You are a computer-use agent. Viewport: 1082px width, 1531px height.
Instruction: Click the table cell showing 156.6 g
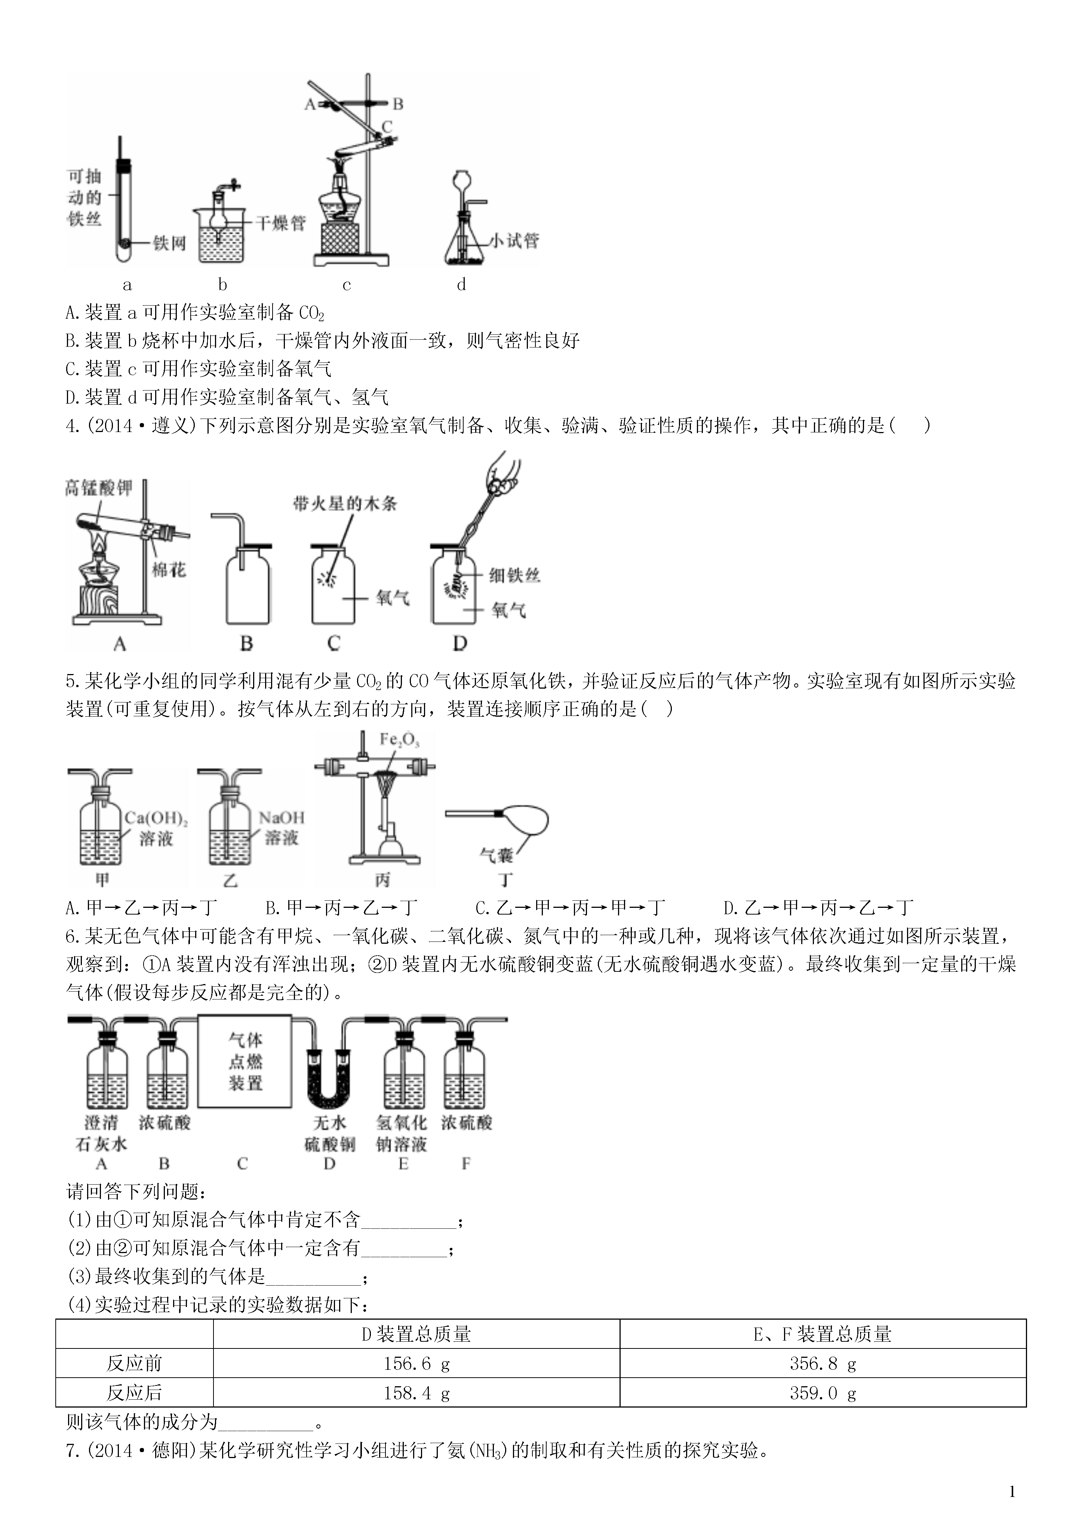(x=416, y=1364)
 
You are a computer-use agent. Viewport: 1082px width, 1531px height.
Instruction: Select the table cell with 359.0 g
(x=822, y=1393)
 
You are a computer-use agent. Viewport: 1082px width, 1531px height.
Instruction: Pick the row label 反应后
(x=134, y=1393)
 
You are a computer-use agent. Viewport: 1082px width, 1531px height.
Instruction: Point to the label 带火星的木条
(x=345, y=503)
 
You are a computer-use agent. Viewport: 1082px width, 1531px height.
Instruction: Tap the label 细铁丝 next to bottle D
(x=514, y=575)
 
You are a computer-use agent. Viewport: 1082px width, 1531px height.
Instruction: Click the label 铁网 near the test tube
(x=169, y=244)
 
